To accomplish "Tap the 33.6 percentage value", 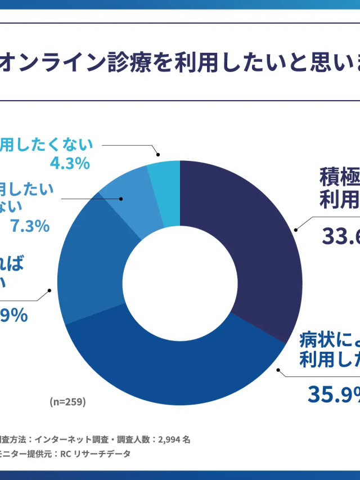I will click(341, 236).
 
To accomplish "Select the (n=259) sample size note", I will click(67, 402).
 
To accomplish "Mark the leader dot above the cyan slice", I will click(159, 154).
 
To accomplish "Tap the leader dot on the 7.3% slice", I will click(121, 199).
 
